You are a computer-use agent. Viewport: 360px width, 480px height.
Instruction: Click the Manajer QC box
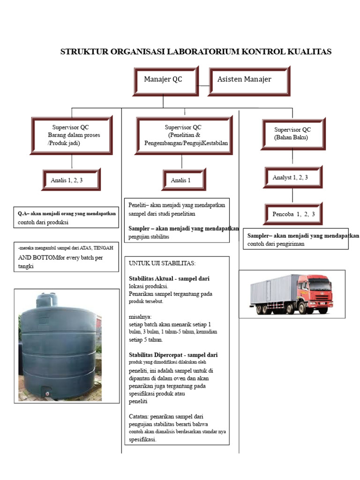166,81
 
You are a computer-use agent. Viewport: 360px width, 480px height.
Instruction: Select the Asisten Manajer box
249,81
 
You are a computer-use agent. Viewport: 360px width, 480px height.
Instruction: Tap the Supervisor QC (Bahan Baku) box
293,134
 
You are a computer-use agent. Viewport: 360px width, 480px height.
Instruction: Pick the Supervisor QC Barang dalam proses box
72,135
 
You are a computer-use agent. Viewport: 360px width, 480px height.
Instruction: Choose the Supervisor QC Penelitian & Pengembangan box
184,135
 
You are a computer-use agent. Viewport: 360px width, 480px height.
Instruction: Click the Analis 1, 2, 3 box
71,180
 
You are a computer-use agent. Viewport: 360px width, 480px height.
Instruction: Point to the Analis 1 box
184,180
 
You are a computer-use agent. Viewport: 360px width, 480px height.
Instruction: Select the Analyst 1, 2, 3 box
293,177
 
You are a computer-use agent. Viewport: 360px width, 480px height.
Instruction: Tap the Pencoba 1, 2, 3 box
293,214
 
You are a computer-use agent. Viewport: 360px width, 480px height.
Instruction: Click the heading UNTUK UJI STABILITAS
162,263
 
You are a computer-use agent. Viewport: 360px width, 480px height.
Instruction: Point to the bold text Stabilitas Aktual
151,278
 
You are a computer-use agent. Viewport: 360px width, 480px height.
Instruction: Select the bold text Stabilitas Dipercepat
156,355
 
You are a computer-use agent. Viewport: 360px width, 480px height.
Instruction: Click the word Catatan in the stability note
138,417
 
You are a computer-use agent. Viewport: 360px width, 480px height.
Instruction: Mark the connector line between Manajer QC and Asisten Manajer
204,86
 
